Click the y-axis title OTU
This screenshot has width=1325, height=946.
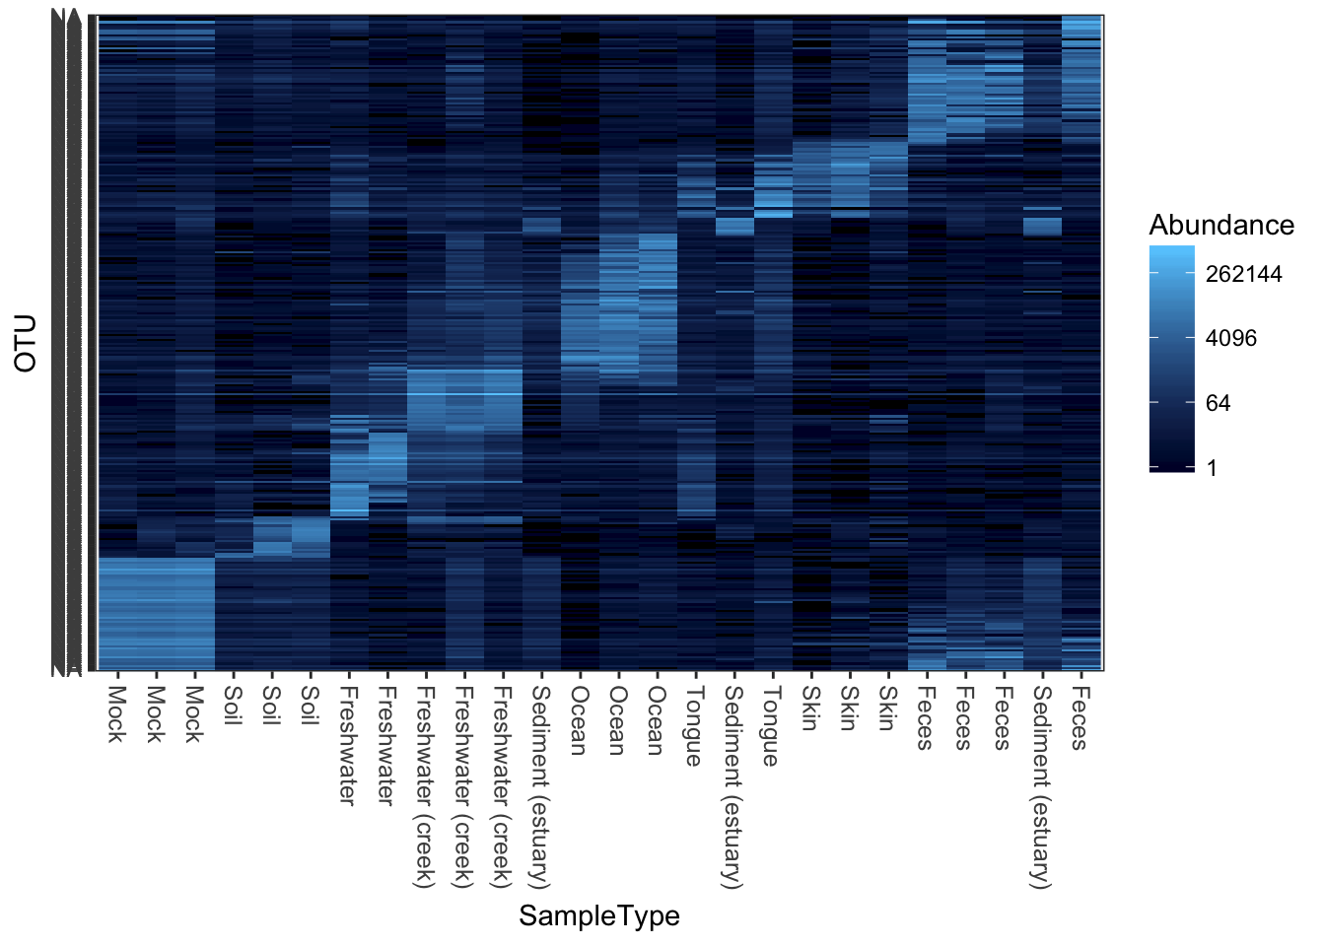pos(26,343)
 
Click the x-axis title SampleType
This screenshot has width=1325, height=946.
pos(599,915)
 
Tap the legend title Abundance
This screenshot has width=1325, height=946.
pos(1221,226)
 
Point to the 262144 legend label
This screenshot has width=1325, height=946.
pos(1243,274)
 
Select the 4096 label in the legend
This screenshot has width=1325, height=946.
pos(1231,338)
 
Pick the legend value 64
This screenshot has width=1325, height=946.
pos(1218,403)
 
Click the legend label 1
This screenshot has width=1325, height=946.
pos(1212,468)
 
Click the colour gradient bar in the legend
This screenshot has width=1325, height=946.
pos(1171,359)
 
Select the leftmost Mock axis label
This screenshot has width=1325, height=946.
pos(116,714)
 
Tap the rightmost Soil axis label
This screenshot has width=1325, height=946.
pos(310,706)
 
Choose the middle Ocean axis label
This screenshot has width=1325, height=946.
pos(617,720)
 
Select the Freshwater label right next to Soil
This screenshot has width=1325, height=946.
pos(348,745)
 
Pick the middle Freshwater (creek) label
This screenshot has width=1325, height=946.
pos(463,786)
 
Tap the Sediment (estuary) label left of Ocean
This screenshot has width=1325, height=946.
pos(540,786)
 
